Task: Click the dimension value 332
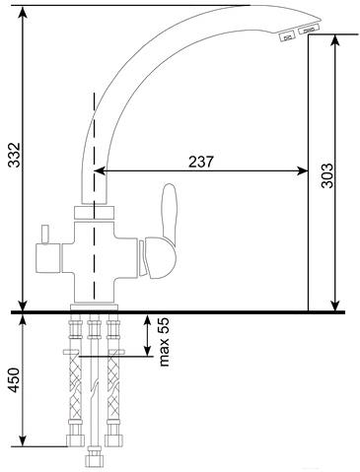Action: (x=15, y=155)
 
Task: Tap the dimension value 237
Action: (x=201, y=162)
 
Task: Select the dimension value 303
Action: (x=326, y=175)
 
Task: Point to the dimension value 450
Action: (x=14, y=380)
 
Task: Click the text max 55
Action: (x=164, y=342)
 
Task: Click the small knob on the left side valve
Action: (x=44, y=235)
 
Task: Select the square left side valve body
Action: (x=48, y=258)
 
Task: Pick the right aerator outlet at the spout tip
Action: (x=309, y=30)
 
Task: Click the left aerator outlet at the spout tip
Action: (x=287, y=35)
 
